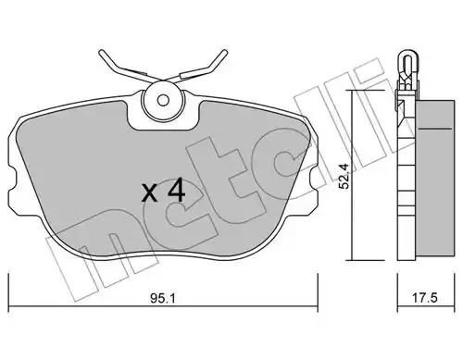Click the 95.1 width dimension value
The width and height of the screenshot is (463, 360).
click(163, 298)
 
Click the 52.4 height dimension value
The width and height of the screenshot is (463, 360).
click(344, 176)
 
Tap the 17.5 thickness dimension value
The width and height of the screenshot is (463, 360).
click(425, 298)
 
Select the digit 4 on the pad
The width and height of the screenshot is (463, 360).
click(176, 191)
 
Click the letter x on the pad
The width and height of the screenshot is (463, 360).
click(150, 192)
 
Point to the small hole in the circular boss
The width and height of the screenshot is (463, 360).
click(163, 100)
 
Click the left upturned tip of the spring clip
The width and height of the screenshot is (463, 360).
click(101, 52)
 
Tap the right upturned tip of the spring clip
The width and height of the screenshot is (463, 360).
click(225, 52)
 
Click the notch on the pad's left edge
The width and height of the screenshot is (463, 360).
click(12, 179)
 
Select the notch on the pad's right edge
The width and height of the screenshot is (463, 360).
click(314, 179)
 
